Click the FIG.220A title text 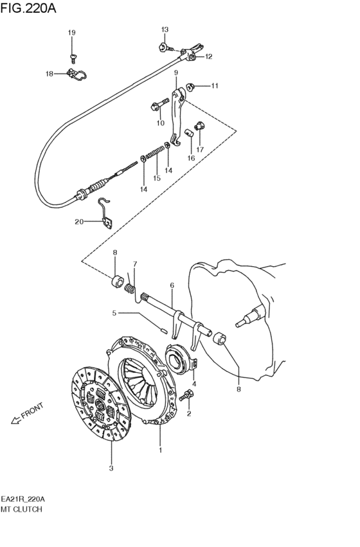[28, 8]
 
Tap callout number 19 [71, 32]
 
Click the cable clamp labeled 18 [76, 75]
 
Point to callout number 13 [165, 30]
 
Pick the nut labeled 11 [190, 86]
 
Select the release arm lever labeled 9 [177, 115]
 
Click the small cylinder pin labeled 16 [190, 132]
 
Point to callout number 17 [199, 150]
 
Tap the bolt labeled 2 [186, 395]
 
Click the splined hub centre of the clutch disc [100, 405]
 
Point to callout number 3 [111, 468]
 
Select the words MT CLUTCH [21, 509]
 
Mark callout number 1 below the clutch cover [161, 450]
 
